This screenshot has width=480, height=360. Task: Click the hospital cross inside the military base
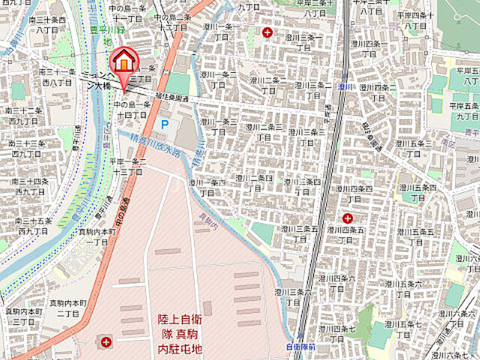tap(106, 342)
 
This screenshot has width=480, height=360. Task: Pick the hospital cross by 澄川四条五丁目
tap(347, 217)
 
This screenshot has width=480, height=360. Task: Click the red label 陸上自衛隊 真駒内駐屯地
tap(179, 334)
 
